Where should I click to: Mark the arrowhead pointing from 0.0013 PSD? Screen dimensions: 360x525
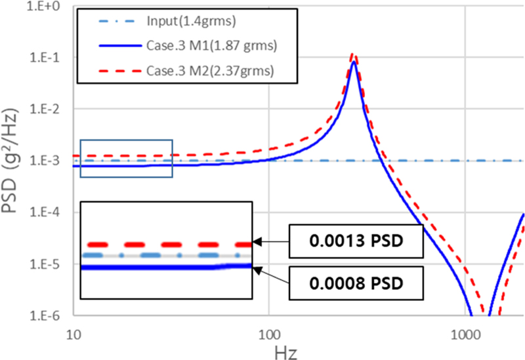tap(256, 243)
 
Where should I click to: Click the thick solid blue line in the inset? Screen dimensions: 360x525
tap(164, 267)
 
